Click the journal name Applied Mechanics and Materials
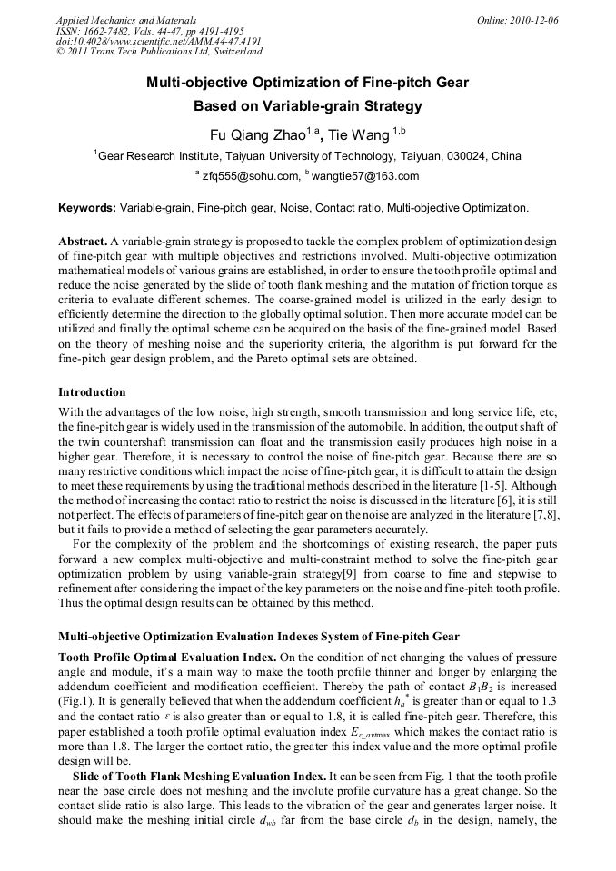pyautogui.click(x=126, y=19)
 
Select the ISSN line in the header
pyautogui.click(x=150, y=30)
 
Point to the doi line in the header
pyautogui.click(x=159, y=41)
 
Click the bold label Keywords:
pyautogui.click(x=87, y=208)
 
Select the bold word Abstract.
pyautogui.click(x=83, y=241)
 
